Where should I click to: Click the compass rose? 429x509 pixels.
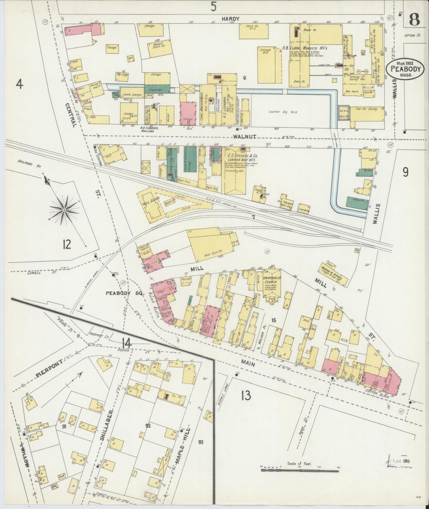64,210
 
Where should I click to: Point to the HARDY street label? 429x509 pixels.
230,18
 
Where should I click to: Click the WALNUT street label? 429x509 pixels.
244,137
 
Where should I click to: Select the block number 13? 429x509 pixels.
246,395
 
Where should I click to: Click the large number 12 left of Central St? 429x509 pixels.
67,244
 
